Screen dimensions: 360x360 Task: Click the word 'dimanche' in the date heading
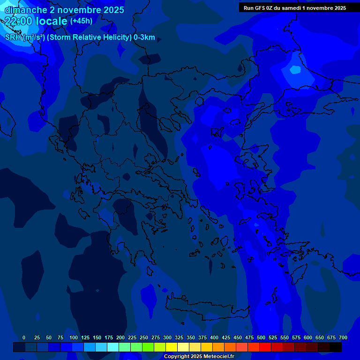(x=26, y=10)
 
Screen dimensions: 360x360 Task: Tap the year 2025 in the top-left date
(x=112, y=10)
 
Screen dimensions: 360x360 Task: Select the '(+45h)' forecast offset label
(x=81, y=21)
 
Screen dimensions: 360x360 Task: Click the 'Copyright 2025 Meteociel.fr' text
(x=198, y=357)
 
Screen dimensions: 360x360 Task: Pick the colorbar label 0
(x=24, y=337)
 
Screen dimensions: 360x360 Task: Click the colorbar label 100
(x=74, y=337)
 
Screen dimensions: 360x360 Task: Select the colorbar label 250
(x=144, y=337)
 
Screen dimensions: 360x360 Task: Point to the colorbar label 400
(x=214, y=337)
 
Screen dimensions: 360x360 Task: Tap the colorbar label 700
(x=343, y=337)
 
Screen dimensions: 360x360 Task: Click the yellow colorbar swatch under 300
(x=172, y=347)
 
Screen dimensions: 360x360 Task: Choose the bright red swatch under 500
(x=265, y=347)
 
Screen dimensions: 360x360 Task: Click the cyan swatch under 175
(x=113, y=347)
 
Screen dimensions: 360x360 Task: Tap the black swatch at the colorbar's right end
(x=336, y=347)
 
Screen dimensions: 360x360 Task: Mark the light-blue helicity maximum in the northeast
(x=295, y=70)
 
